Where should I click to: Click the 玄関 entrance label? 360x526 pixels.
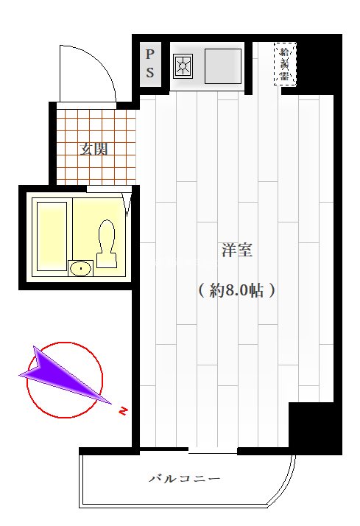(x=94, y=149)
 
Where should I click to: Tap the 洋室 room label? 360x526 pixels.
(x=236, y=250)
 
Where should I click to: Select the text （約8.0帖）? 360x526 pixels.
(x=236, y=290)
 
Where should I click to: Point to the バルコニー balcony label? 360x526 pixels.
(x=185, y=479)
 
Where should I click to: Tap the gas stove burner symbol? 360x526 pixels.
(x=182, y=68)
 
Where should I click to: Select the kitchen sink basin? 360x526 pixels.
(x=223, y=66)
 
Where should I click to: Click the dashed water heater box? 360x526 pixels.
(x=285, y=63)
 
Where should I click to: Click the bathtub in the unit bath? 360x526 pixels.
(x=52, y=234)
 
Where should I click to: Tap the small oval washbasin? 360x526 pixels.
(x=79, y=268)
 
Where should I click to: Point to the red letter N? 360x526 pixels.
(x=123, y=410)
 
